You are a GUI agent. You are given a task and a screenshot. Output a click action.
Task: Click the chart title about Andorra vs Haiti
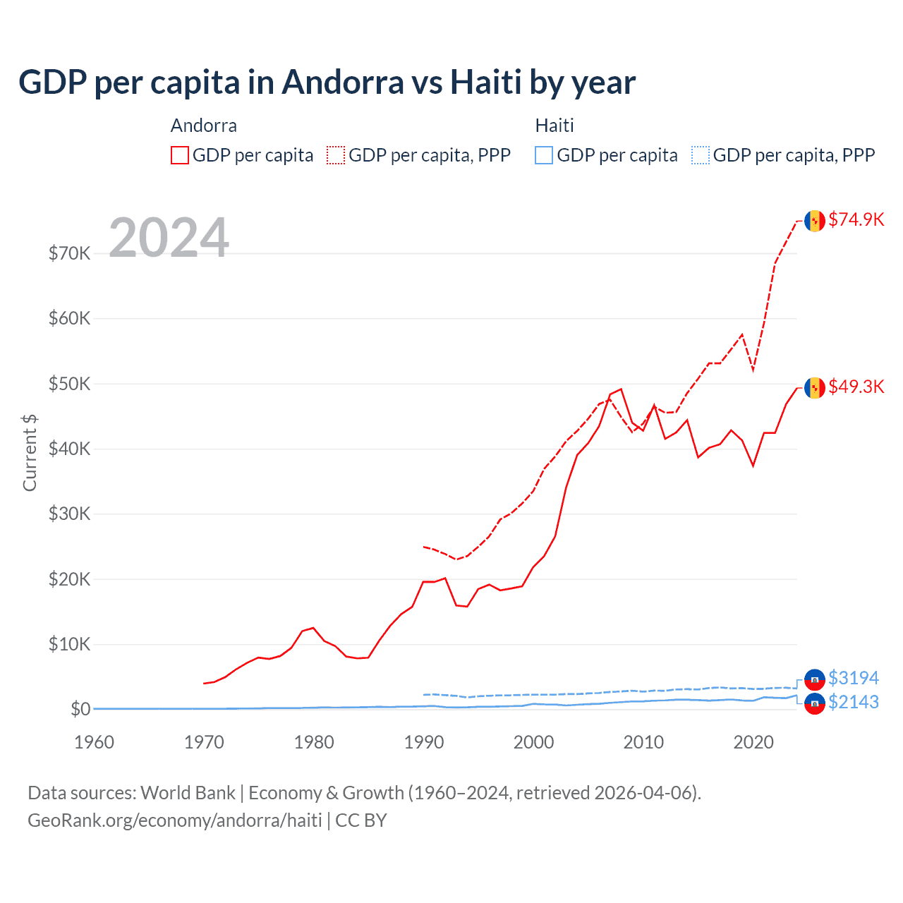click(x=327, y=82)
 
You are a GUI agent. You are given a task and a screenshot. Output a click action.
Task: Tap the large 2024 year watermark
click(x=169, y=238)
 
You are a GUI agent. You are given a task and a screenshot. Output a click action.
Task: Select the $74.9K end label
click(x=856, y=219)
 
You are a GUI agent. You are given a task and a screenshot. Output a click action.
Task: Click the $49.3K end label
click(x=856, y=387)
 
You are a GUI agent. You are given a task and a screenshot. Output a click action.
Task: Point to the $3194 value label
click(x=853, y=678)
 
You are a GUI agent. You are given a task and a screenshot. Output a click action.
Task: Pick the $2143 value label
click(x=853, y=702)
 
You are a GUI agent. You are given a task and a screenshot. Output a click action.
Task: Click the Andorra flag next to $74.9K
click(x=815, y=221)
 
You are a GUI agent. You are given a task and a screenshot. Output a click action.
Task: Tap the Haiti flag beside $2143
click(x=815, y=703)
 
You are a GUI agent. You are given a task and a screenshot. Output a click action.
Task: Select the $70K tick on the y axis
click(x=69, y=253)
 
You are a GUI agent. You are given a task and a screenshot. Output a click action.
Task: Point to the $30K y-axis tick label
click(x=69, y=514)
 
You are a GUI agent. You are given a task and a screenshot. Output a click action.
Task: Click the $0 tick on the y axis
click(x=80, y=709)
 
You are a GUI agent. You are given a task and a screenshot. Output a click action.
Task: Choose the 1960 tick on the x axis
click(x=94, y=742)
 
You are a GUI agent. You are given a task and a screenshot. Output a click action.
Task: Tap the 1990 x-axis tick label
click(x=424, y=742)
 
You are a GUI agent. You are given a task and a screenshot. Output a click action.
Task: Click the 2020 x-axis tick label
click(x=753, y=742)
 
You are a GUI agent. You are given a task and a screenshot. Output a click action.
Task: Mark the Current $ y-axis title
click(x=30, y=453)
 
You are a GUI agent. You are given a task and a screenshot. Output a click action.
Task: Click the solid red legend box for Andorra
click(x=180, y=155)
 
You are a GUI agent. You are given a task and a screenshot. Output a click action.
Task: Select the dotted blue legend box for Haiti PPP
click(x=701, y=155)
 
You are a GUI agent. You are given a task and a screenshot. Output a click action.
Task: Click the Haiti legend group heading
click(x=554, y=126)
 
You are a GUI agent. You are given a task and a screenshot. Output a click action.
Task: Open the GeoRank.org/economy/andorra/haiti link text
click(x=175, y=820)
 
